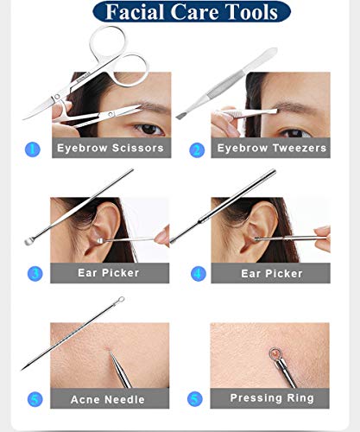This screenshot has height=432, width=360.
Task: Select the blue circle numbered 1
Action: [x=33, y=149]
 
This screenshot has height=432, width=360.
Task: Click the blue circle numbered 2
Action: [x=197, y=150]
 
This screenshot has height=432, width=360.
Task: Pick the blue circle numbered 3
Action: [x=35, y=274]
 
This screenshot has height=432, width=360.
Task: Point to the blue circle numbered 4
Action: [x=199, y=274]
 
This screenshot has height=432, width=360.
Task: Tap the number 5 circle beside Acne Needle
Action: [x=35, y=399]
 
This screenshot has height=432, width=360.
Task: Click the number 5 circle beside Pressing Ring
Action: [x=195, y=399]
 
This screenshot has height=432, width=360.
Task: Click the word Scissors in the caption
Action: [x=138, y=148]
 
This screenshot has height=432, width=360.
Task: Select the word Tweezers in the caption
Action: [x=300, y=148]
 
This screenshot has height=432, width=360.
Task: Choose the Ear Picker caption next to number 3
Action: [x=109, y=273]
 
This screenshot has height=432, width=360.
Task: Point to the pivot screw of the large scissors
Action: [x=57, y=97]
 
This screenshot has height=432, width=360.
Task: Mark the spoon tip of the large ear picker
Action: [x=29, y=241]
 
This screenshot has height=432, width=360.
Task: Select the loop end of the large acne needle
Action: [x=121, y=300]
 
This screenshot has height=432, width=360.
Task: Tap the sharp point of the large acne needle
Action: [x=22, y=370]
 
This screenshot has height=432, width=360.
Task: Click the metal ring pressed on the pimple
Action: [x=275, y=353]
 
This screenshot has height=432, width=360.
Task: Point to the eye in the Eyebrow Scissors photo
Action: [x=149, y=129]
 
